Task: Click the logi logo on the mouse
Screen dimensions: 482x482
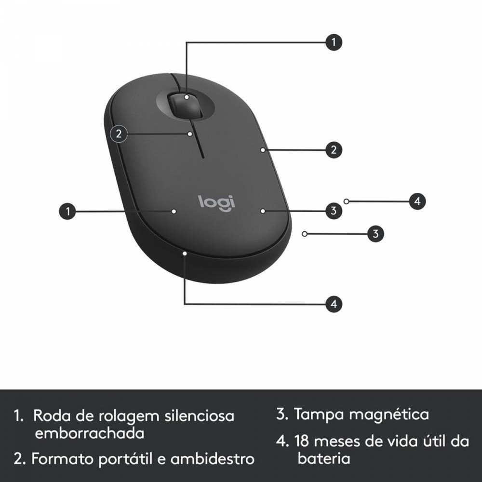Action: point(216,203)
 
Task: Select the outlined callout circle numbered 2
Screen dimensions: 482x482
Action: point(119,134)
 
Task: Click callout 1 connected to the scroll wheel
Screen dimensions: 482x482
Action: point(334,42)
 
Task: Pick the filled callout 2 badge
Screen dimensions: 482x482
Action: point(334,150)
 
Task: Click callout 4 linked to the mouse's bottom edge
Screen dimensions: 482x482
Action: point(334,304)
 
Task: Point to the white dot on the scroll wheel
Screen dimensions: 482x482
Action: point(187,97)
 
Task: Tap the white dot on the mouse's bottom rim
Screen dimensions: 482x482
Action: point(185,254)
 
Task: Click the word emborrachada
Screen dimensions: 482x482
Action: point(90,433)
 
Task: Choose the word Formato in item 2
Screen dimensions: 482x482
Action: point(63,459)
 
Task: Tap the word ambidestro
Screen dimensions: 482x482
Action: point(213,459)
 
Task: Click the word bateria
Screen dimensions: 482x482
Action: point(324,458)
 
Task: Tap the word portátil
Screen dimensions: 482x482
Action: point(126,459)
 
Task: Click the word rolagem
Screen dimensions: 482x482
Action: point(129,416)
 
